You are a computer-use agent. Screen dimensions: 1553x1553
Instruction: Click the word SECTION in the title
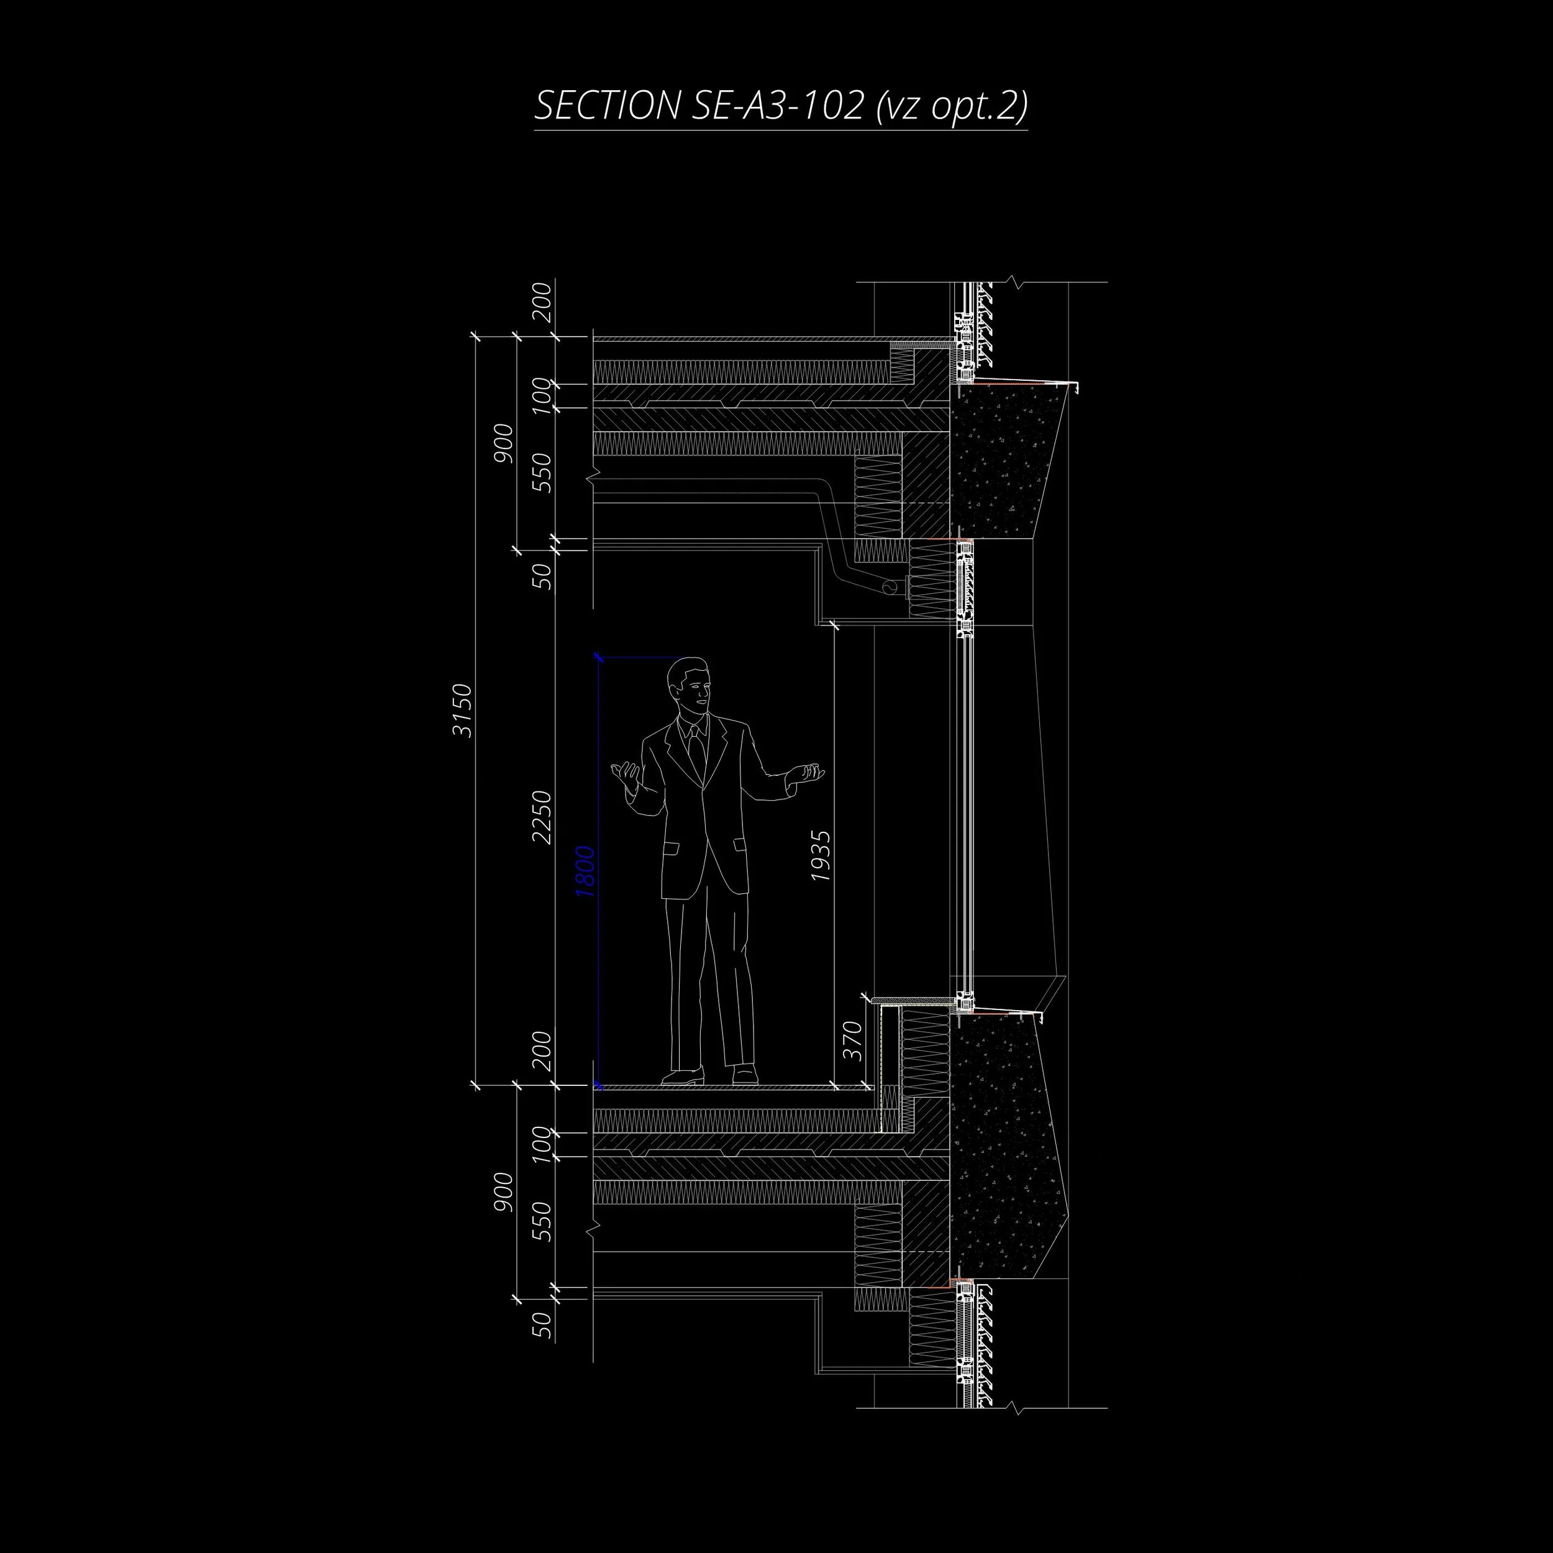[x=607, y=106]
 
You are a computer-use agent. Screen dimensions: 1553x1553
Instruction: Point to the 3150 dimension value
[x=462, y=710]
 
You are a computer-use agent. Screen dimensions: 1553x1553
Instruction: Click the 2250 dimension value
[x=542, y=817]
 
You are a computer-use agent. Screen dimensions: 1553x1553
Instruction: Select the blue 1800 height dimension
[x=585, y=872]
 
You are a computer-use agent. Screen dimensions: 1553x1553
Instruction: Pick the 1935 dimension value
[x=821, y=855]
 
